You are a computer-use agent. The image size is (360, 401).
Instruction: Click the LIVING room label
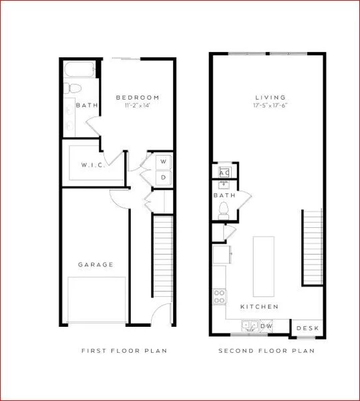point(269,98)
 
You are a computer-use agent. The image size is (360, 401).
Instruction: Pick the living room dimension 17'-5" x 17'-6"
point(269,106)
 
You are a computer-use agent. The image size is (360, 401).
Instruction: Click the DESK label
point(307,328)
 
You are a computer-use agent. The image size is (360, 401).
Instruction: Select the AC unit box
point(224,172)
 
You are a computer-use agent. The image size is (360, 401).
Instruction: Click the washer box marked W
point(163,162)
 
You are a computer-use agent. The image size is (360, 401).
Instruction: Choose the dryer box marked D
point(163,177)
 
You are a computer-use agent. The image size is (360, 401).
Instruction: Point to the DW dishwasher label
point(266,326)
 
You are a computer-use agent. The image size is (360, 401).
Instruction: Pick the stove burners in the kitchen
point(219,296)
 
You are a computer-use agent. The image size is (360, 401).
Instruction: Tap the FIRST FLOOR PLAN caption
point(124,350)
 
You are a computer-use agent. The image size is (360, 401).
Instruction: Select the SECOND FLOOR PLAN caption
point(266,350)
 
